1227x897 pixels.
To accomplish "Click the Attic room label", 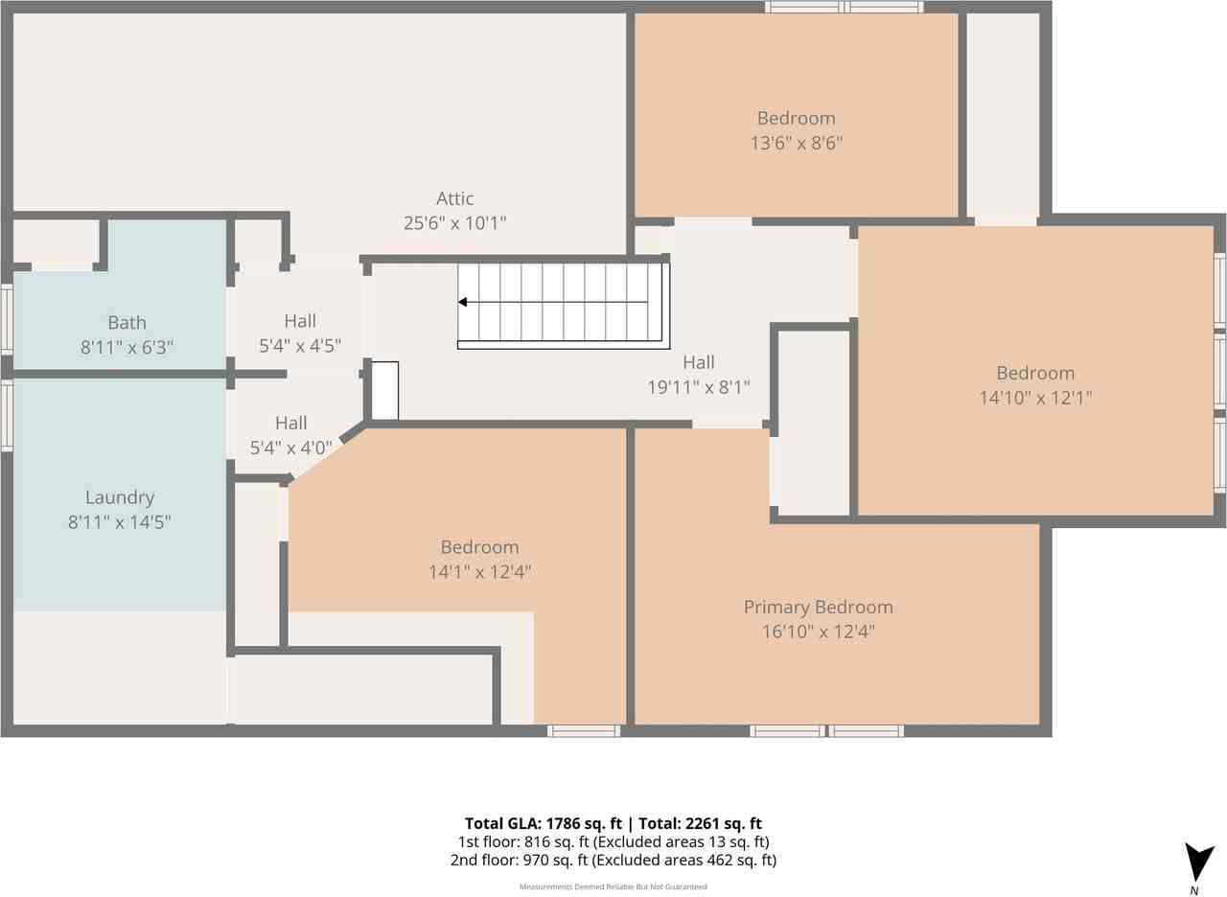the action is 454,198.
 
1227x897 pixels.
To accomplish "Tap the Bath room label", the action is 127,322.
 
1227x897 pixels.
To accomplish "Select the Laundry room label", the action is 120,497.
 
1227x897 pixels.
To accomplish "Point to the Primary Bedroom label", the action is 818,607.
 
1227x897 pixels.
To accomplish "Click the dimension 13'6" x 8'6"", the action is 796,143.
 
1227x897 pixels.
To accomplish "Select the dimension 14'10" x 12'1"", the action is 1035,397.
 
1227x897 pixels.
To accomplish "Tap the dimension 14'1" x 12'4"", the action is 479,572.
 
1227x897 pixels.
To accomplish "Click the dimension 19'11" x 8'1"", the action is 699,387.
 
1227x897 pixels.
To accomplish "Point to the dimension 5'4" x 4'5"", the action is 300,346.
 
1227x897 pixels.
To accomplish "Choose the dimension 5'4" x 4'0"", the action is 290,448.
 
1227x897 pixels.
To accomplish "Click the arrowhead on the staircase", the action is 463,302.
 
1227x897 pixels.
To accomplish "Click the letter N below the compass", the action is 1194,891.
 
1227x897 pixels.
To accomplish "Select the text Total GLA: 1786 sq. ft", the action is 544,823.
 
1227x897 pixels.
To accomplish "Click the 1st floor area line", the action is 613,841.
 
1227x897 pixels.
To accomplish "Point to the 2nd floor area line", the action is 613,860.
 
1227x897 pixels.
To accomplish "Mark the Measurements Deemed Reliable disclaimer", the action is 613,886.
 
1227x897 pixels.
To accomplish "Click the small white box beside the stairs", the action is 385,390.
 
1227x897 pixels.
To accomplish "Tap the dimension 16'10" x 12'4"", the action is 818,632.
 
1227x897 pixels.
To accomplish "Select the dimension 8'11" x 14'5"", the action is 120,522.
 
